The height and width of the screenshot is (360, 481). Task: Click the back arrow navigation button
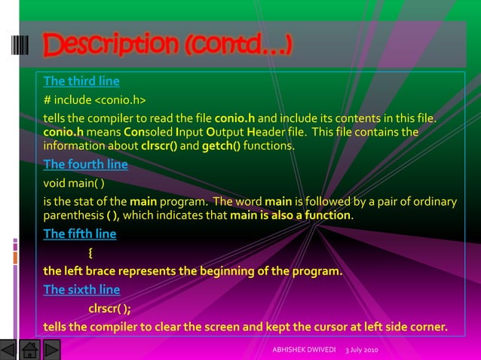pyautogui.click(x=9, y=350)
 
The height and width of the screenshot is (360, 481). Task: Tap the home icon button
pyautogui.click(x=31, y=350)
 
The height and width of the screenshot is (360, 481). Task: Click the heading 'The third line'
pyautogui.click(x=81, y=81)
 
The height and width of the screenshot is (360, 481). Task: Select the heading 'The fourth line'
pyautogui.click(x=85, y=165)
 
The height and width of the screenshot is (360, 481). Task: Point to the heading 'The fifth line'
pyautogui.click(x=80, y=233)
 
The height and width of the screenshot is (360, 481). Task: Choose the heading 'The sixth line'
pyautogui.click(x=81, y=289)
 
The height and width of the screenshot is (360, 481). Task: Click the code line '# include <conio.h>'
pyautogui.click(x=94, y=99)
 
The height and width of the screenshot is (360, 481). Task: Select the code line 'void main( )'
pyautogui.click(x=74, y=182)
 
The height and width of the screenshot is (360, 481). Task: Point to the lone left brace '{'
pyautogui.click(x=91, y=252)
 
